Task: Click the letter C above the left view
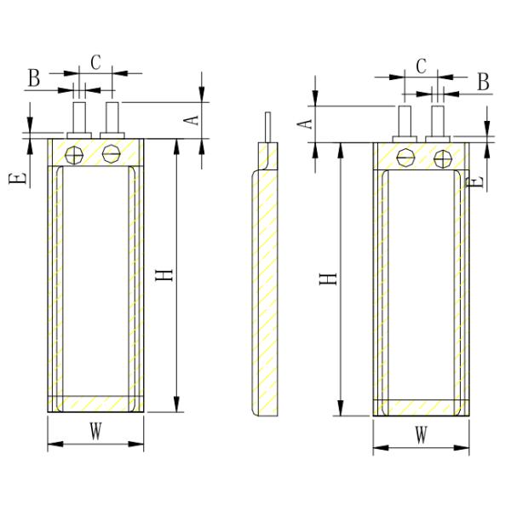95,62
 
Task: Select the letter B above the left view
33,78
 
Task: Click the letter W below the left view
95,433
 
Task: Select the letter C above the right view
420,66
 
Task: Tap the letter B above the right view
482,82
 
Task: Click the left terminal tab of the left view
80,118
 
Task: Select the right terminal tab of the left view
112,118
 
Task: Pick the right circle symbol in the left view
111,154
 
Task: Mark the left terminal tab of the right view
405,122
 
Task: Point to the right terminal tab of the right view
438,122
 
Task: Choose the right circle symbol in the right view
440,158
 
